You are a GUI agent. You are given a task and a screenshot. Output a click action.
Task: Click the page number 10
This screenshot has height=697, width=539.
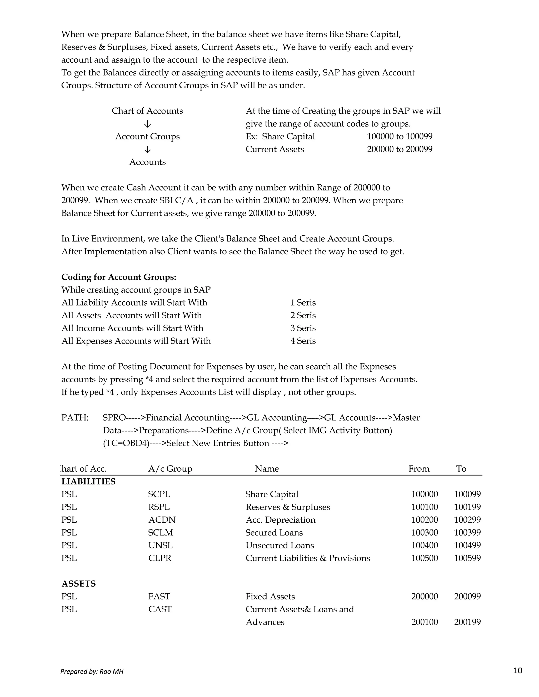pyautogui.click(x=518, y=670)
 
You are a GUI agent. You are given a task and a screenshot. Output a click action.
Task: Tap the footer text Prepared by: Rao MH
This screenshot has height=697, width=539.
pyautogui.click(x=92, y=671)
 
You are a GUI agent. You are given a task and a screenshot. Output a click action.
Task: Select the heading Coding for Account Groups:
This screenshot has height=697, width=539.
pyautogui.click(x=119, y=277)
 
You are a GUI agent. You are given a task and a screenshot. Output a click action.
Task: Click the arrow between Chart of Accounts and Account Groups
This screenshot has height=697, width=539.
pyautogui.click(x=148, y=124)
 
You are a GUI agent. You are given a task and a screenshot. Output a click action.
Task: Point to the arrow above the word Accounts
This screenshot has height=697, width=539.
pyautogui.click(x=148, y=150)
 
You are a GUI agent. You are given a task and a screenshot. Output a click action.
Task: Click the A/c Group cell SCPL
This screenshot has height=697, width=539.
pyautogui.click(x=159, y=494)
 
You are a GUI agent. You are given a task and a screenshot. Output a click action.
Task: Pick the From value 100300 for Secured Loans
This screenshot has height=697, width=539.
pyautogui.click(x=424, y=533)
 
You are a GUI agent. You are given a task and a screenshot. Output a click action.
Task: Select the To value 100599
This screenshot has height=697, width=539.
pyautogui.click(x=467, y=558)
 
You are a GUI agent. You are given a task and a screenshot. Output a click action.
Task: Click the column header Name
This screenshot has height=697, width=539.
pyautogui.click(x=267, y=469)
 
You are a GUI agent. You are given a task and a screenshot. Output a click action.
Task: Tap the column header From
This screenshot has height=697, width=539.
pyautogui.click(x=419, y=469)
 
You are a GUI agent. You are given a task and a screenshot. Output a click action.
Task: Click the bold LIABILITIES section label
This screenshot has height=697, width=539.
pyautogui.click(x=88, y=482)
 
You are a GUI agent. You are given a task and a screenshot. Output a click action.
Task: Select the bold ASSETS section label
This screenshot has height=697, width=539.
pyautogui.click(x=78, y=584)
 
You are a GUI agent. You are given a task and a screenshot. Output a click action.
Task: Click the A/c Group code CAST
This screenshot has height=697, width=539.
pyautogui.click(x=160, y=609)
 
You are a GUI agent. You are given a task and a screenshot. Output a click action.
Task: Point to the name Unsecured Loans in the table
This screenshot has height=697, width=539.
pyautogui.click(x=280, y=546)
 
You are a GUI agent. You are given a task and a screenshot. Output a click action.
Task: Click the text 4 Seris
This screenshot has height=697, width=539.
pyautogui.click(x=303, y=341)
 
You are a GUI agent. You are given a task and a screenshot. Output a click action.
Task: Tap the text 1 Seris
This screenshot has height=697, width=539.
pyautogui.click(x=303, y=302)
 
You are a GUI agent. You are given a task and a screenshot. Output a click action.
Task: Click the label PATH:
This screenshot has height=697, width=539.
pyautogui.click(x=75, y=418)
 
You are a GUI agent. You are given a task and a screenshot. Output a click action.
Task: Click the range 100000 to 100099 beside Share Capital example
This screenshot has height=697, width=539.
pyautogui.click(x=400, y=137)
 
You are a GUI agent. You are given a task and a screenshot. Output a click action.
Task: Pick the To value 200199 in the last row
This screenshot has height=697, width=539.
pyautogui.click(x=467, y=622)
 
